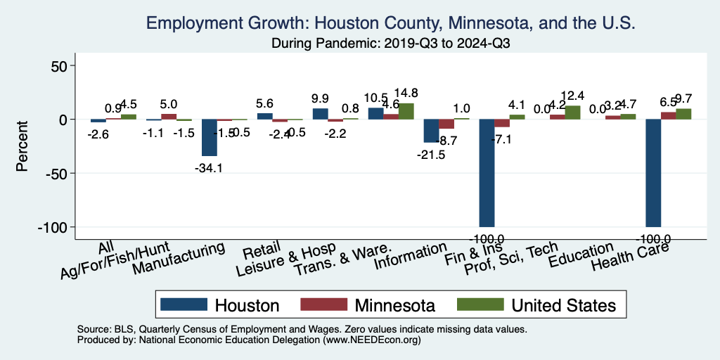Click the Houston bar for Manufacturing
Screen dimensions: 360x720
[x=210, y=138]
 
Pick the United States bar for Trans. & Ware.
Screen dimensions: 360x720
[x=406, y=112]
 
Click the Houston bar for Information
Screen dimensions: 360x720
[x=431, y=131]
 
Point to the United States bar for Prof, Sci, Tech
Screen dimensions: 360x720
[x=572, y=112]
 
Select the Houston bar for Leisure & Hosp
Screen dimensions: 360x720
[x=320, y=114]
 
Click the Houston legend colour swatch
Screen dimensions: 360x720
[x=184, y=304]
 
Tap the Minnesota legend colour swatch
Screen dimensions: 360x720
[x=323, y=304]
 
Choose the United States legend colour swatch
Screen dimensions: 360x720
[x=480, y=304]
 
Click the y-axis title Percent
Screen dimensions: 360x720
[x=22, y=147]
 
